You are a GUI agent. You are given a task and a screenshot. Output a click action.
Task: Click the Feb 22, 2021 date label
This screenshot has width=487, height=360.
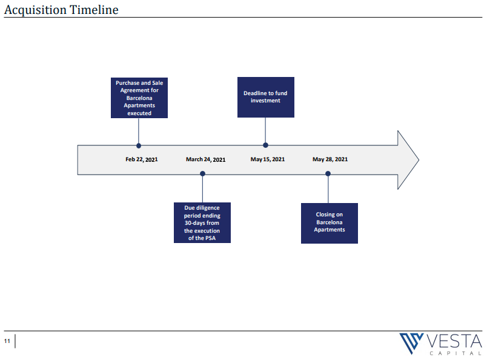[x=142, y=159]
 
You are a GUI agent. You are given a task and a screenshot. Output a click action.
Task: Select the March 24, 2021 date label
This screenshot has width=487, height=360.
[x=205, y=159]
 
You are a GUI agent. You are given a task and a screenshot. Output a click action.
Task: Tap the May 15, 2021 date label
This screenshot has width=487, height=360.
[x=268, y=159]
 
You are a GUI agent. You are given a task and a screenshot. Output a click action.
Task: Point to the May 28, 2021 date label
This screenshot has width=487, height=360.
[x=330, y=159]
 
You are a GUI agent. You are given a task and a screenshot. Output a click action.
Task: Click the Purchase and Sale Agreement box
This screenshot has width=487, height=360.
[x=139, y=98]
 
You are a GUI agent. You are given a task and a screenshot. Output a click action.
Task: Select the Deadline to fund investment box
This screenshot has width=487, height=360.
[x=266, y=98]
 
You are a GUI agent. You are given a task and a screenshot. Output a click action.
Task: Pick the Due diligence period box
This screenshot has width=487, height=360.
[x=202, y=222]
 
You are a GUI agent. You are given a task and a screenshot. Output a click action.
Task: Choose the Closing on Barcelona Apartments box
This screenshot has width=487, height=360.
[x=330, y=223]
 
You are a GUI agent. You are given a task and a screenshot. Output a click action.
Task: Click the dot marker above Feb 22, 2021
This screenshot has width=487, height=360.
[x=139, y=146]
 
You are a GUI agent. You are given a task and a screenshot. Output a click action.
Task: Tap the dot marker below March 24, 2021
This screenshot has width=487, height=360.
[x=202, y=173]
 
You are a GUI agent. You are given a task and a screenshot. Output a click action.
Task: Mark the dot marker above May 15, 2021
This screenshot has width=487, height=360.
[x=265, y=145]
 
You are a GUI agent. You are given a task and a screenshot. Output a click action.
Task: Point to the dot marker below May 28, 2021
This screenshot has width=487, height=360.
[x=328, y=173]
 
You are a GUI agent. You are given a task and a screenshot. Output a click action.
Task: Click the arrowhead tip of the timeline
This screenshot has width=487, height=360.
[x=419, y=160]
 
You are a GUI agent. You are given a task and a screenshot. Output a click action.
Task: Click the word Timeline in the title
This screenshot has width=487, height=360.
[x=94, y=10]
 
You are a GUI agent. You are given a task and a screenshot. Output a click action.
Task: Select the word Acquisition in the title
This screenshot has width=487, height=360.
[x=35, y=10]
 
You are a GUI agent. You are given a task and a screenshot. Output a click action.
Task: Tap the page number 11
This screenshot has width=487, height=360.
[x=7, y=341]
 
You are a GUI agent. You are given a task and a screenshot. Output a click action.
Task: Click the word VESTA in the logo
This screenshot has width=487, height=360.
[x=454, y=341]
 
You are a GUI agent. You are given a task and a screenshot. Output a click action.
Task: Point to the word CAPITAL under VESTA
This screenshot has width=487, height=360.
[x=456, y=353]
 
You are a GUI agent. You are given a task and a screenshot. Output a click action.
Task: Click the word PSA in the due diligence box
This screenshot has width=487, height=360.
[x=210, y=238]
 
